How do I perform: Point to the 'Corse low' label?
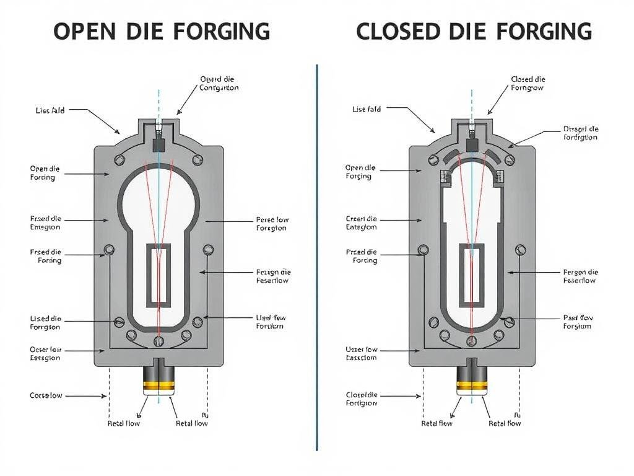46,395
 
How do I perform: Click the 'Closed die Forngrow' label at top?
528,84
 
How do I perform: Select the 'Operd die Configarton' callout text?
219,84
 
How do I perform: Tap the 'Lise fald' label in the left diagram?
50,110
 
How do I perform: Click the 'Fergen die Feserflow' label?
580,276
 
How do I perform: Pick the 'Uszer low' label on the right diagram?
361,354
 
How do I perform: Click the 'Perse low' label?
272,224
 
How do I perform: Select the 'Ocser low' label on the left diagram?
45,354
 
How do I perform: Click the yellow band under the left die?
159,387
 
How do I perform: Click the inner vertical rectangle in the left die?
159,275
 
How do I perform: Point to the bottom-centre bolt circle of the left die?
159,341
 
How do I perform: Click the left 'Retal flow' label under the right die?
436,423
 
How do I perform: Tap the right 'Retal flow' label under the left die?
192,423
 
